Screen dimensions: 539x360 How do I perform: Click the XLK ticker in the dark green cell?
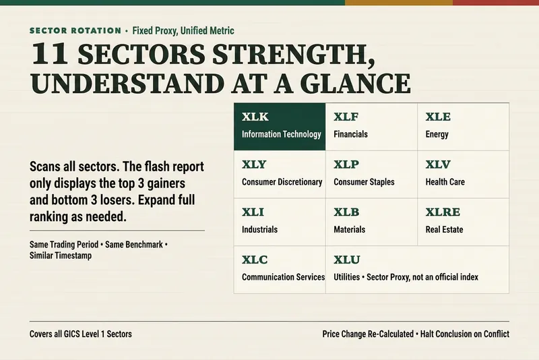[x=255, y=117]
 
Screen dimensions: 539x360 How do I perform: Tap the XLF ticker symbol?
[x=346, y=117]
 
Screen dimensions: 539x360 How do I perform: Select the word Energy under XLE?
[x=437, y=134]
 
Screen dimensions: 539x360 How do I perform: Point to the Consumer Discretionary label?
[x=282, y=182]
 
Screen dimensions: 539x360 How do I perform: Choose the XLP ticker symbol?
[x=346, y=164]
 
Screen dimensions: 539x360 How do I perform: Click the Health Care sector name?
[x=445, y=182]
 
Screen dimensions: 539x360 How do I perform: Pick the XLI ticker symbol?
[x=253, y=212]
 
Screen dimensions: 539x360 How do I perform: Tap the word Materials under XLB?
[x=349, y=229]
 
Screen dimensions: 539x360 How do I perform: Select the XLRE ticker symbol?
[x=443, y=212]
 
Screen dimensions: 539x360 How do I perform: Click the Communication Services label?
[x=283, y=277]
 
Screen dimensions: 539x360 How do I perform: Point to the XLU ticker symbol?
[x=347, y=260]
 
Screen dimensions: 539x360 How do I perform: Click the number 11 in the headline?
[x=49, y=54]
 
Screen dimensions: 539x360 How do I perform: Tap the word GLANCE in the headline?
[x=356, y=83]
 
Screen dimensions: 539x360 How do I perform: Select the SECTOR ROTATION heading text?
[x=75, y=30]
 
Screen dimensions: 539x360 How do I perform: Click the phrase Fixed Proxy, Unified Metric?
[x=183, y=30]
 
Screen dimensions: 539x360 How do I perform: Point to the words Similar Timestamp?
[x=61, y=256]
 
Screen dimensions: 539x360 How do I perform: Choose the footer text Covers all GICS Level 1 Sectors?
[x=80, y=334]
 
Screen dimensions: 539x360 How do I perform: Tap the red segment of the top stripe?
[x=496, y=3]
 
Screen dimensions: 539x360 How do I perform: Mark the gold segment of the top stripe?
[x=399, y=3]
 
